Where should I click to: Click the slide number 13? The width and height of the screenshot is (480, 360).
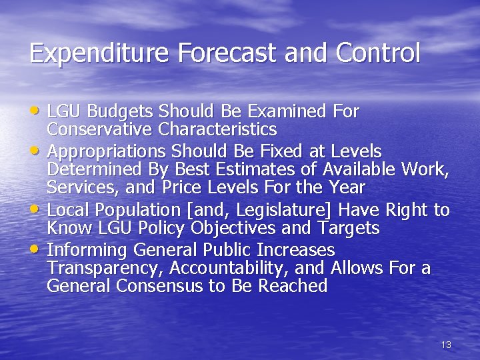coord(446,345)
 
